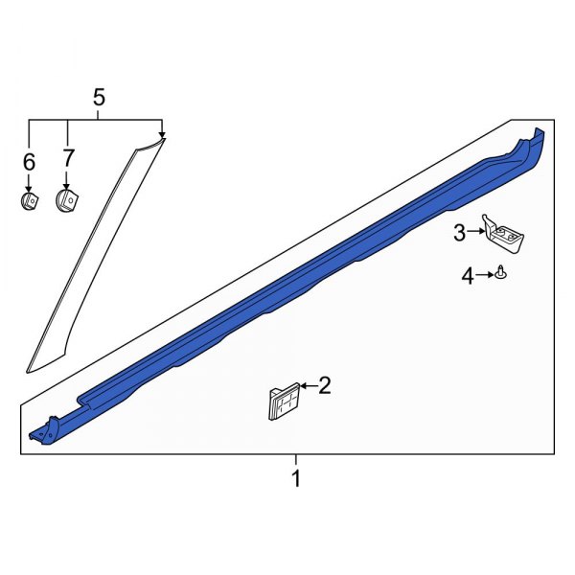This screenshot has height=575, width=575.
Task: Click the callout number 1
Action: [296, 478]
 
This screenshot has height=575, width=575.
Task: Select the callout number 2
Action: [325, 386]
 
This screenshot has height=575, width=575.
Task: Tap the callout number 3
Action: [459, 231]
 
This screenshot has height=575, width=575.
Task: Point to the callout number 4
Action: [468, 277]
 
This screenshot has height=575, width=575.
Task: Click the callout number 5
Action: [98, 97]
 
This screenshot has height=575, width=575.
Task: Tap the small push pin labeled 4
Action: [501, 276]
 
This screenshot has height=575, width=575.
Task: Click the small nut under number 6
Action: [30, 202]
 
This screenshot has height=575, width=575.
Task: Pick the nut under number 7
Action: [67, 200]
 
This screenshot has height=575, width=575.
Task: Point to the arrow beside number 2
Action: [307, 386]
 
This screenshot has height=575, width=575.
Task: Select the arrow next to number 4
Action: [486, 276]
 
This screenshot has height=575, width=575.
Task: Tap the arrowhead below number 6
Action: [29, 187]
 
